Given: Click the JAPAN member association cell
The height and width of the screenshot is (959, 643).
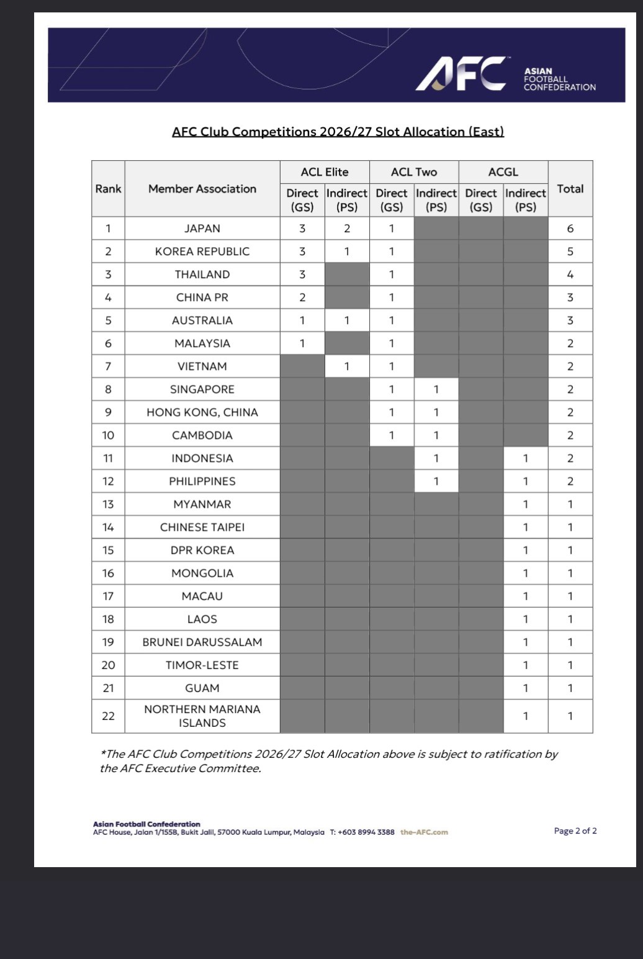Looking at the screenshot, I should click(202, 228).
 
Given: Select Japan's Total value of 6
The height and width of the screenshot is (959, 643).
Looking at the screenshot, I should click(570, 228).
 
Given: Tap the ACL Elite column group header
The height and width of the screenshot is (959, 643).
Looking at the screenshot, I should click(325, 172).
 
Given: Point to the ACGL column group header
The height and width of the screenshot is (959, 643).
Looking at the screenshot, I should click(503, 172).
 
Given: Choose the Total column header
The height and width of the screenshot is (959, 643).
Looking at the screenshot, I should click(570, 189).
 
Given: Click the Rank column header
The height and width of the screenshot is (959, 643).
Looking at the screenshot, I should click(108, 189).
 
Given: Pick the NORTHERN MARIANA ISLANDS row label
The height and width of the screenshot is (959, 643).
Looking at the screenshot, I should click(202, 716).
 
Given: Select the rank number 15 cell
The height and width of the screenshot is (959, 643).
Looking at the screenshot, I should click(108, 550).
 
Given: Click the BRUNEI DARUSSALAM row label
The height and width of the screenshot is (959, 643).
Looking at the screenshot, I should click(202, 642).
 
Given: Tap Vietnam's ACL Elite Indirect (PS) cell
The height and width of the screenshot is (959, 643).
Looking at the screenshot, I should click(347, 366).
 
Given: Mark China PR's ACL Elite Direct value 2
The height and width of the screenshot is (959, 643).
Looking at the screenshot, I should click(302, 297).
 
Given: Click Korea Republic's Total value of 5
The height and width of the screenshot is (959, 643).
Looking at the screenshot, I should click(570, 251).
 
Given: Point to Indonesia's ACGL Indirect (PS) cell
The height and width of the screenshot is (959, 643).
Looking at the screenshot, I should click(525, 458).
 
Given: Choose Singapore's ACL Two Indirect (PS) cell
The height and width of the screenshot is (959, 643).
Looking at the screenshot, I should click(436, 389).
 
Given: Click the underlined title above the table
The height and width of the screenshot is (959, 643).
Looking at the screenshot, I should click(338, 132).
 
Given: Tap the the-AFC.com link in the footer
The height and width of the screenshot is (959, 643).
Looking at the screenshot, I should click(424, 832).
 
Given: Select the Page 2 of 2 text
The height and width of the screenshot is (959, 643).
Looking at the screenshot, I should click(575, 831).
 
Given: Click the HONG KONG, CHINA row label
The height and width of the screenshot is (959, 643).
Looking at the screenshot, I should click(202, 412).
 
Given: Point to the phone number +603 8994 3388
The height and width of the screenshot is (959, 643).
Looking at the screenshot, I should click(366, 832).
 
